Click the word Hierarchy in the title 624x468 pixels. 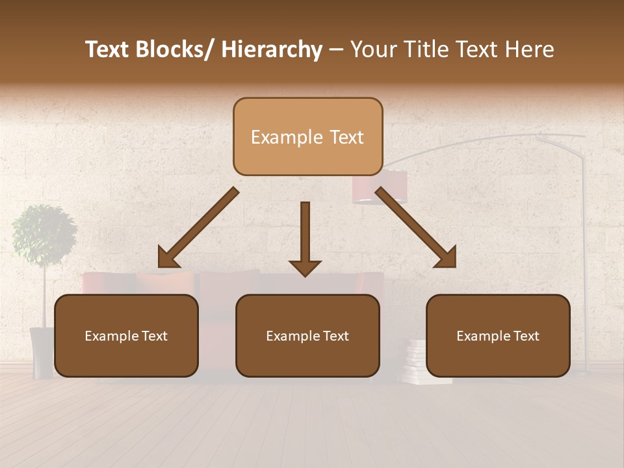(272, 50)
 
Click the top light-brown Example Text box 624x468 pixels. (307, 137)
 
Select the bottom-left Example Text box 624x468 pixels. (126, 336)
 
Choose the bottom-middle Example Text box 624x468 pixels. (307, 336)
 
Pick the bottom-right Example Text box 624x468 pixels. (498, 336)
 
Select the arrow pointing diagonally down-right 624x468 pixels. (416, 227)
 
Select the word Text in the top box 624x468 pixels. (344, 137)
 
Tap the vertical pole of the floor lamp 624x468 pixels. (583, 260)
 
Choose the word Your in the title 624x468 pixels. (373, 50)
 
